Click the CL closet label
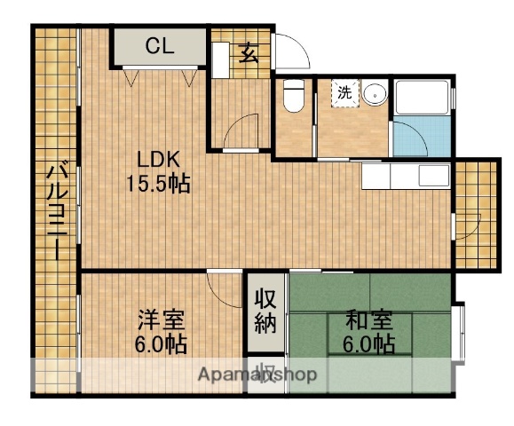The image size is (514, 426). click(x=160, y=45)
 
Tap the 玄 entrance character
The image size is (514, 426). click(x=249, y=53)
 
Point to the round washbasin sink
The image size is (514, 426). click(x=374, y=92)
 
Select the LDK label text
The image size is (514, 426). click(x=160, y=161)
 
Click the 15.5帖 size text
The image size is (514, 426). click(x=158, y=185)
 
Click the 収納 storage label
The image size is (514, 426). click(x=265, y=310)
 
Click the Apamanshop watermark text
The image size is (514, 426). click(x=257, y=375)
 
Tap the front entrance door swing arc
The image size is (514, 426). click(x=294, y=51)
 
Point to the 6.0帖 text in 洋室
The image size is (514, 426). click(x=162, y=344)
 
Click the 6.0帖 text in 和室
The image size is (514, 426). click(x=368, y=344)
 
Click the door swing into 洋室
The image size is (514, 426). click(x=219, y=287)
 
